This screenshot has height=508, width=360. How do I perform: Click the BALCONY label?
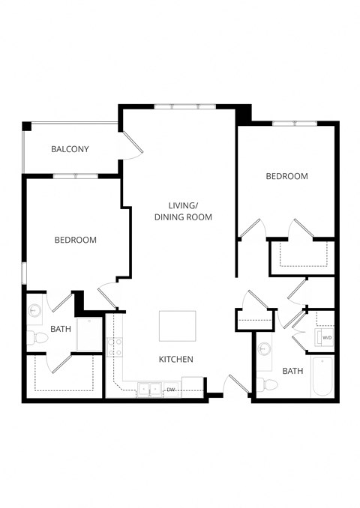[70, 149]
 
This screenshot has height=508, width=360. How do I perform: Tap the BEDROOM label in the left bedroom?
[75, 240]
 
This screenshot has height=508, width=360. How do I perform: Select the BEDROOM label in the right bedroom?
[286, 176]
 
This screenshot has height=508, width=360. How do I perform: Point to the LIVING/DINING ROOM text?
[183, 211]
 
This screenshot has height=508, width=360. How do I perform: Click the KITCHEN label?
[176, 360]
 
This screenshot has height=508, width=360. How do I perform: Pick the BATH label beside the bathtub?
[292, 371]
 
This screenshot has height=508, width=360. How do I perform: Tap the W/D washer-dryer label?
[326, 338]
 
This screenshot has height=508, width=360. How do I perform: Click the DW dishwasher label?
[170, 390]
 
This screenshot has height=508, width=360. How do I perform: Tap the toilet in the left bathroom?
[36, 339]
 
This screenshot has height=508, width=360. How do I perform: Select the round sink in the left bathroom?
[34, 309]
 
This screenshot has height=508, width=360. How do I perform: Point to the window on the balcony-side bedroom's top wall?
[75, 176]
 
